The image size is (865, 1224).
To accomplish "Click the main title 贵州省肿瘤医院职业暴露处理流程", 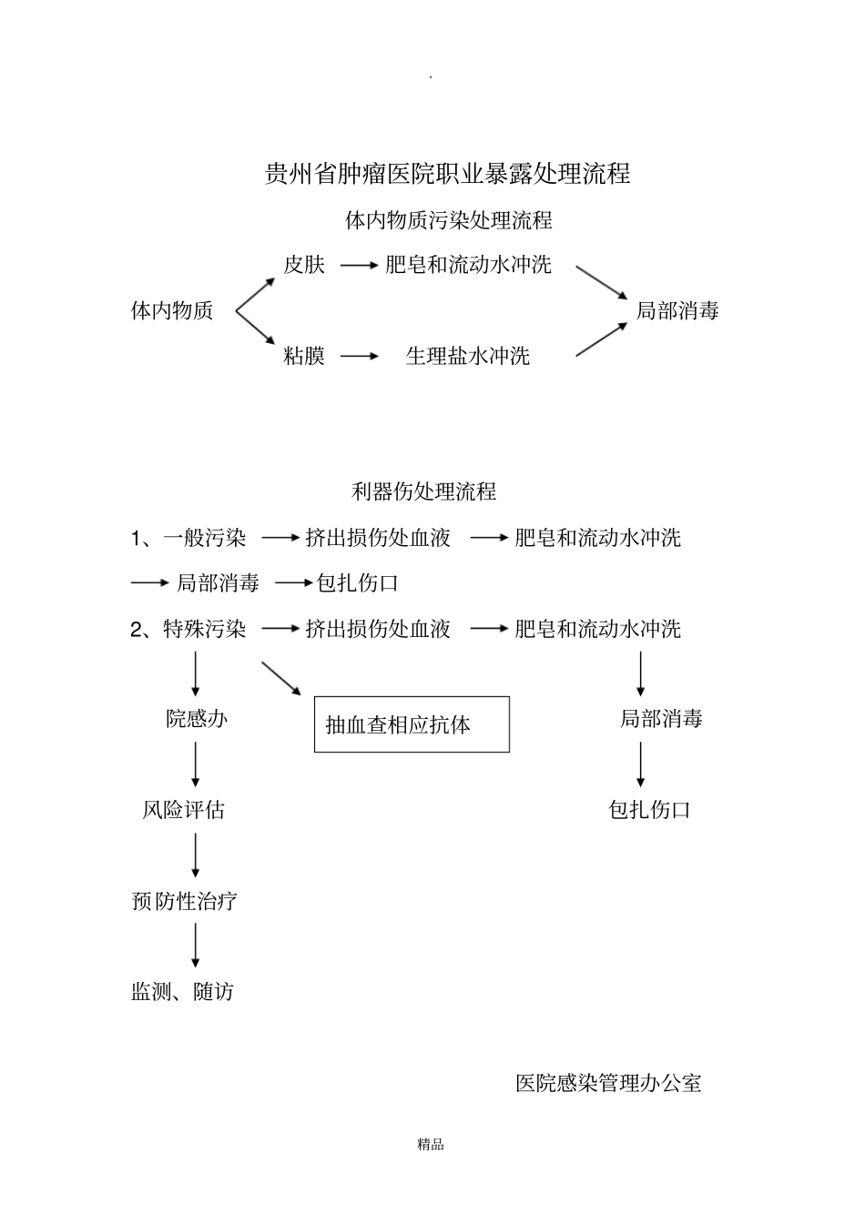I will [447, 174].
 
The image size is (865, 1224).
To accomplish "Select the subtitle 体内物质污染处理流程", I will [448, 220].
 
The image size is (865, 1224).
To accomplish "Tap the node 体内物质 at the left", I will [172, 311].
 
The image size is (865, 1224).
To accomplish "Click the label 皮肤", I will [304, 265].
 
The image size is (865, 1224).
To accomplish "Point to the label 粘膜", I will [304, 356].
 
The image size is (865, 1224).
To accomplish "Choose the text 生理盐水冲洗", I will [467, 356].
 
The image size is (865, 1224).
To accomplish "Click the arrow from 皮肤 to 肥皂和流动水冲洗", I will [359, 265].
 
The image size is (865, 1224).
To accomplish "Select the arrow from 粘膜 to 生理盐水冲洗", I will [359, 356].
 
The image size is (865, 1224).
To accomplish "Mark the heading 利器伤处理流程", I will [423, 492].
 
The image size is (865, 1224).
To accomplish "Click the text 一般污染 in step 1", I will [205, 538].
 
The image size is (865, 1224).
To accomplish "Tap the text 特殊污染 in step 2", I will [205, 629].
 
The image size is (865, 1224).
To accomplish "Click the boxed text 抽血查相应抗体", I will [399, 725].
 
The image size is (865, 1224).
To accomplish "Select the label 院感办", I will [197, 719].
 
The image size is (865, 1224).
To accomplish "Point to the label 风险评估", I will [184, 810].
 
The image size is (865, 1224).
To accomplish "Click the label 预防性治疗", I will [185, 901].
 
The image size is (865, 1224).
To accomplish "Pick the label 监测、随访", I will [183, 992].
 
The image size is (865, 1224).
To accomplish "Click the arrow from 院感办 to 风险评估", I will [196, 764].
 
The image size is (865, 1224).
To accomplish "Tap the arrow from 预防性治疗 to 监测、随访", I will [196, 946].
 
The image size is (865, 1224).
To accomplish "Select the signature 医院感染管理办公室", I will [608, 1083].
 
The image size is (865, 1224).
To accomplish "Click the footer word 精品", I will [431, 1145].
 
